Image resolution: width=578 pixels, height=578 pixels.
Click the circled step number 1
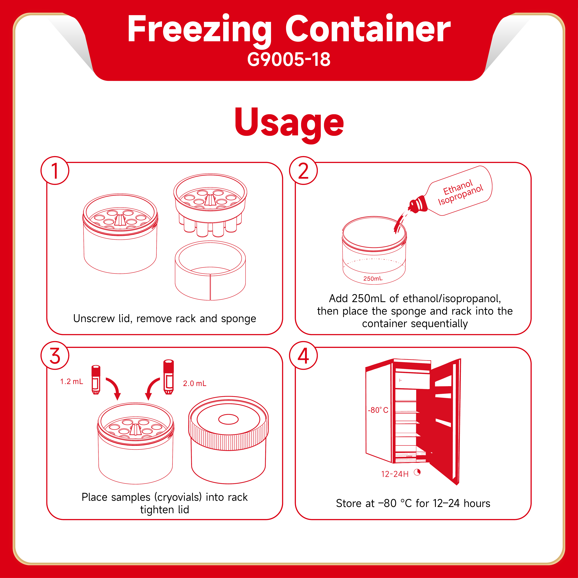click(x=55, y=170)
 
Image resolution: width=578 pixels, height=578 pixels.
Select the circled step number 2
click(x=303, y=170)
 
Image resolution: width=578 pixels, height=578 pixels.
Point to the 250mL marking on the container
click(x=373, y=279)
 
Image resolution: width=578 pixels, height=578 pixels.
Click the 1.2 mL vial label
click(x=71, y=381)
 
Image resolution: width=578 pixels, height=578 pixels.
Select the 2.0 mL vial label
click(x=194, y=384)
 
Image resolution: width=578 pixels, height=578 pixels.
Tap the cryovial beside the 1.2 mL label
click(x=96, y=379)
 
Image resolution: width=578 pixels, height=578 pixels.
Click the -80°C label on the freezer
click(x=378, y=410)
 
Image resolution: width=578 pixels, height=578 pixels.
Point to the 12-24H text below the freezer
click(x=395, y=474)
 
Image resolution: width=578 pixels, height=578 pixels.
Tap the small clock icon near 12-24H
click(x=417, y=472)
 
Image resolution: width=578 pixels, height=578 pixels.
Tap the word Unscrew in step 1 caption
click(x=94, y=318)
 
